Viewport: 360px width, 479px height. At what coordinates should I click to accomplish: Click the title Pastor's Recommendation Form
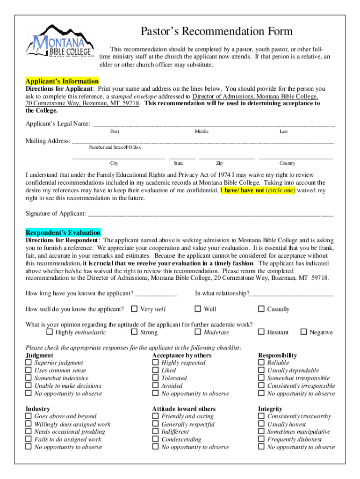pos(217,32)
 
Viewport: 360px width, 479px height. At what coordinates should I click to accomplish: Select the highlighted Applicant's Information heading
pos(62,81)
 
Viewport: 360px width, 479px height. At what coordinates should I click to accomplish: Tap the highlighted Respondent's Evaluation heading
pos(63,232)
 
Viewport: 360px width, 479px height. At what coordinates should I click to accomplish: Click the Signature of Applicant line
pos(210,215)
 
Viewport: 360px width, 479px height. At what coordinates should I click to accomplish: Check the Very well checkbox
pos(134,309)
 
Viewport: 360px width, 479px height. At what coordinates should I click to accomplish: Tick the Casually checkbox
pos(262,309)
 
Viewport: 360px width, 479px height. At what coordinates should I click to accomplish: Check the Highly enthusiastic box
pos(50,332)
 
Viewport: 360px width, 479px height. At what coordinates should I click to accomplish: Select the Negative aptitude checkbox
pos(304,332)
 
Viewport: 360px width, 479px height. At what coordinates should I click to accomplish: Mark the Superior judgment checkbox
pos(29,363)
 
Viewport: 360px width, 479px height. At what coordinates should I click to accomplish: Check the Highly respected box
pos(156,363)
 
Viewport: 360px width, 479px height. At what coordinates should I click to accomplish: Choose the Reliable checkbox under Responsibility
pos(262,363)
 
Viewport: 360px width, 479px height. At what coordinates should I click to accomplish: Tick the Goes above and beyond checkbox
pos(29,416)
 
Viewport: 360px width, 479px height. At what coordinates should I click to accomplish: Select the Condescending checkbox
pos(156,439)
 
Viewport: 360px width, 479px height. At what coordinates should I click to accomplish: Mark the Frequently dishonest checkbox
pos(262,439)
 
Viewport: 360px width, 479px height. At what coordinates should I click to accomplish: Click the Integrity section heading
pos(270,409)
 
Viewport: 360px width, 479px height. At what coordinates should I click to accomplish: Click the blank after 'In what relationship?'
pos(292,294)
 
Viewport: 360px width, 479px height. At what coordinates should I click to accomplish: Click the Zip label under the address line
pos(219,163)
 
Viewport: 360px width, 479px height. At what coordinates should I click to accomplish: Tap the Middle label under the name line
pos(202,131)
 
